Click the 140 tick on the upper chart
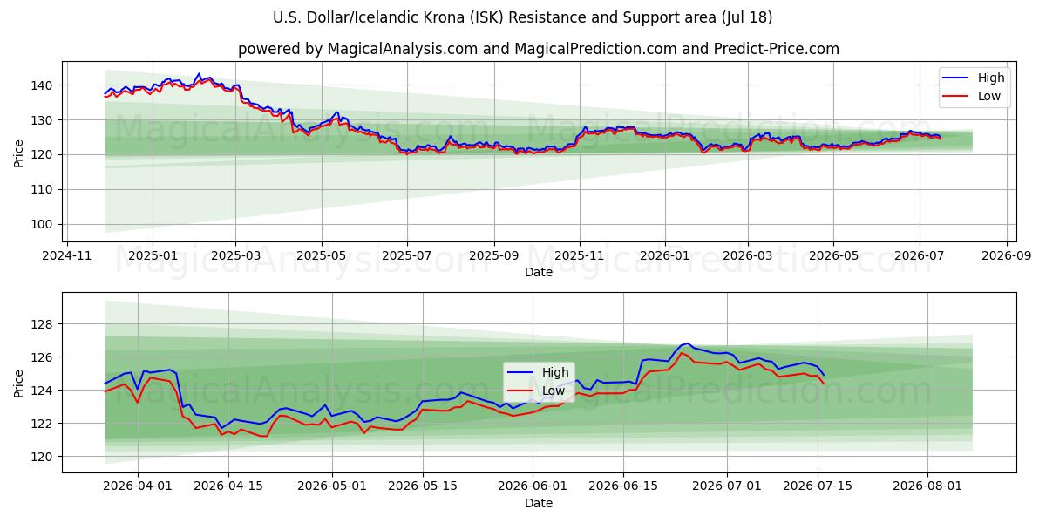click(42, 85)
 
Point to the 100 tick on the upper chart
click(42, 225)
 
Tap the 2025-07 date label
click(407, 256)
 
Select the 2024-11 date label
click(67, 256)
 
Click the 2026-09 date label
click(1006, 256)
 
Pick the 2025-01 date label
click(153, 256)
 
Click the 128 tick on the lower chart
click(42, 324)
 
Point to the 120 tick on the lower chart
click(42, 457)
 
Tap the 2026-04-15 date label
click(228, 486)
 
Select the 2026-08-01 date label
click(927, 486)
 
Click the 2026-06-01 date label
click(533, 486)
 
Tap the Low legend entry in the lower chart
click(535, 391)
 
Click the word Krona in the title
click(444, 17)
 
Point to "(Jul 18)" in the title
click(747, 17)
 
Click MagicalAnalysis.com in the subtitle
click(403, 49)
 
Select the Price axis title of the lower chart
click(18, 384)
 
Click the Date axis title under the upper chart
click(539, 272)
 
